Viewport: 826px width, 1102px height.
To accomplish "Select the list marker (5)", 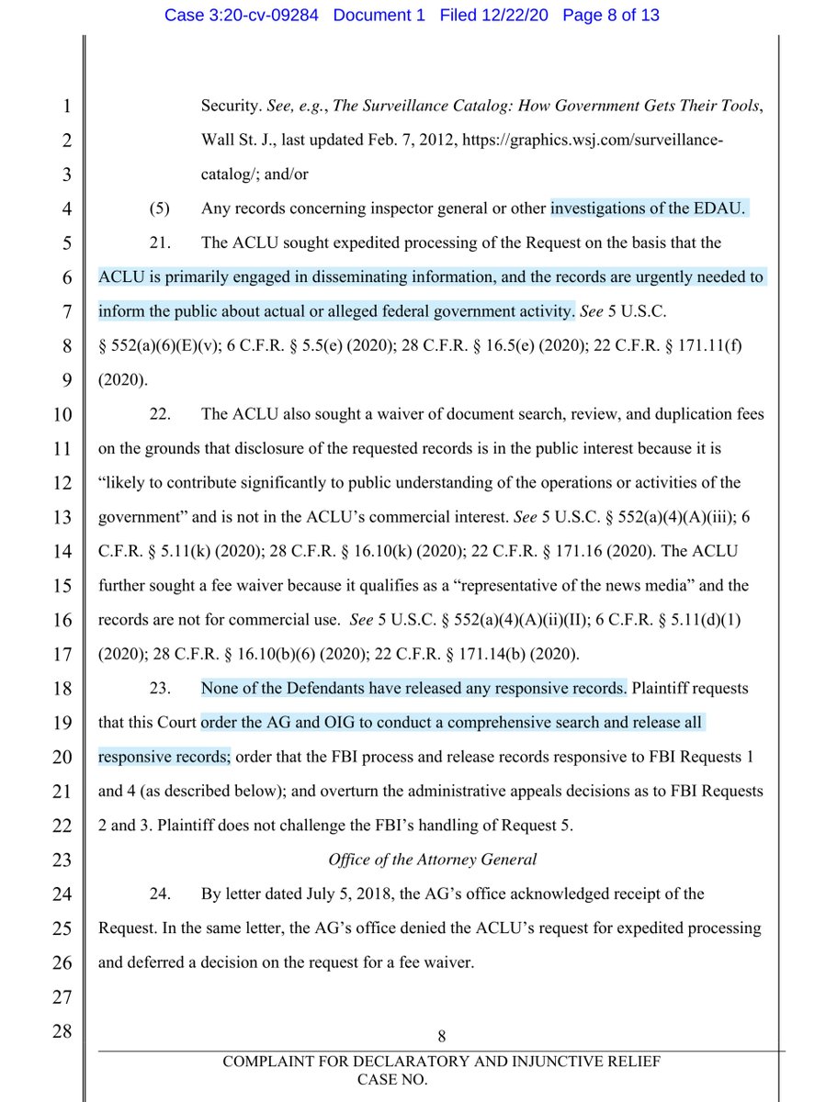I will coord(159,208).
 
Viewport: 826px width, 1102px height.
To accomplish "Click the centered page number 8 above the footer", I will coord(441,1037).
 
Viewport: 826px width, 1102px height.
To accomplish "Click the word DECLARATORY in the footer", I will coord(383,1063).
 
